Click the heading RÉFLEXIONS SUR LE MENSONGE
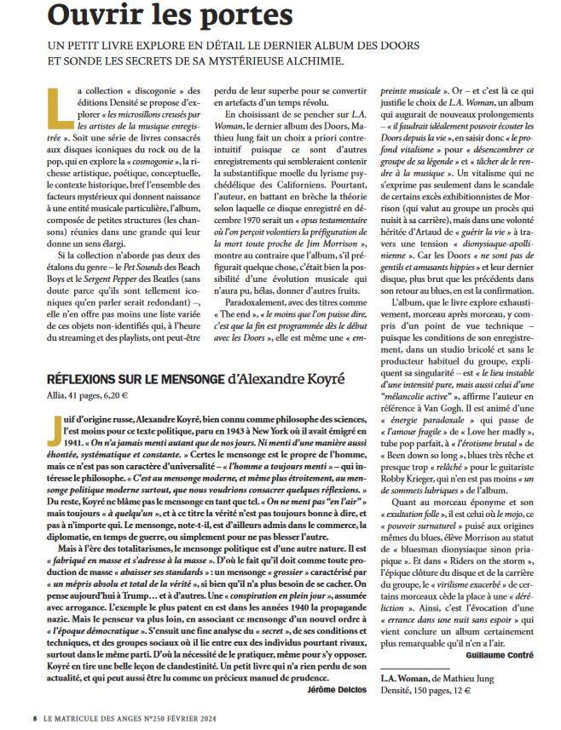(x=129, y=379)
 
